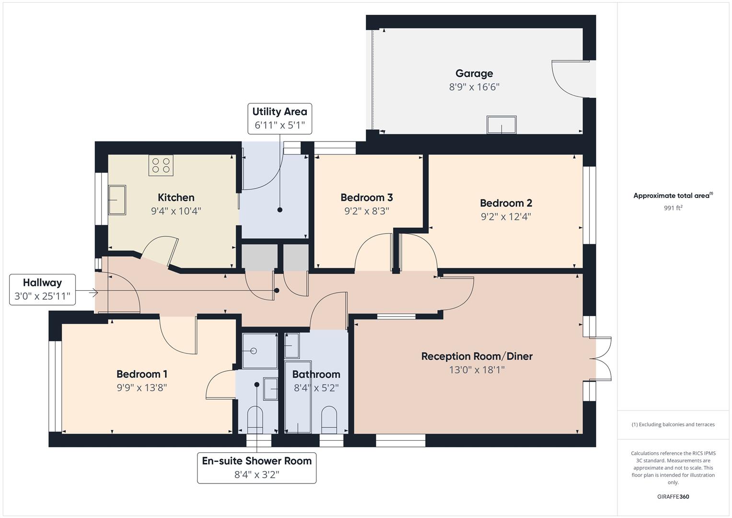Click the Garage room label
coord(474,73)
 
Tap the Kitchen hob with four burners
coord(161,165)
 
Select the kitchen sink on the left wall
coord(116,200)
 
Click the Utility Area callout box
coord(279,118)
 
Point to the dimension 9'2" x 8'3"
coord(367,211)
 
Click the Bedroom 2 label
coord(506,203)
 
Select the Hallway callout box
coord(42,289)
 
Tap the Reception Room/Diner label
coord(476,356)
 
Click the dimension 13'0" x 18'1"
coord(476,370)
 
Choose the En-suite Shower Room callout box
coord(256,468)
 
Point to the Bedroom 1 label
coord(142,374)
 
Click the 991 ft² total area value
coord(673,208)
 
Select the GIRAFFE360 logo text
coord(673,496)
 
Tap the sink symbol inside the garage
coord(501,125)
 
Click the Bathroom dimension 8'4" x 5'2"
coord(316,388)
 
